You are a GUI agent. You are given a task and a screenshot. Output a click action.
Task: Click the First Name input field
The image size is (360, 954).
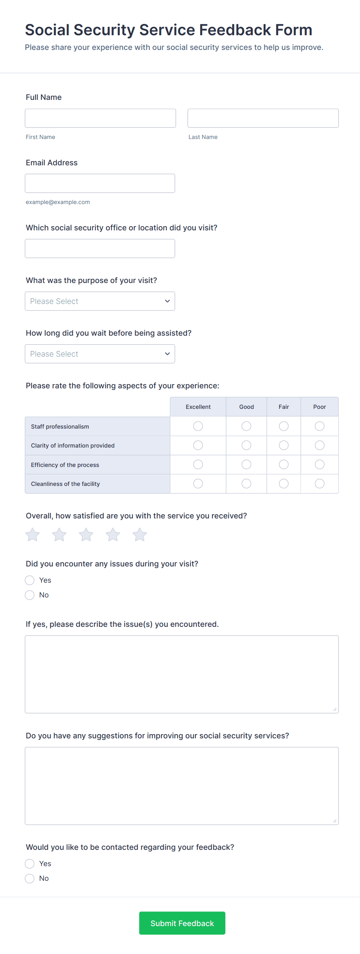[x=100, y=118]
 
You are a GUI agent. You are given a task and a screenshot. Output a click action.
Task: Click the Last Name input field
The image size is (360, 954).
[x=263, y=118]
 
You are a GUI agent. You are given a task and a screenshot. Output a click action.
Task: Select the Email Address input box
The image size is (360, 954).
[x=100, y=183]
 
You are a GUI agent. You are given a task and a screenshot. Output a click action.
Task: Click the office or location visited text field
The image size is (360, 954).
[x=100, y=248]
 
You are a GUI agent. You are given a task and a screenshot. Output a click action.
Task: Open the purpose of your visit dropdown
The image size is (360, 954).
[x=100, y=301]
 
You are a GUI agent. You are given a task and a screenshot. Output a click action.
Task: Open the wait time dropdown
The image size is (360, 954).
[x=100, y=354]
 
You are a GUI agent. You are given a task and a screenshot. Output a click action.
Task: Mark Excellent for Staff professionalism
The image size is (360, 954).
[x=198, y=426]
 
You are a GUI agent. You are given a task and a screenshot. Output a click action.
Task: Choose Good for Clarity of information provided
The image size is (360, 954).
[x=246, y=445]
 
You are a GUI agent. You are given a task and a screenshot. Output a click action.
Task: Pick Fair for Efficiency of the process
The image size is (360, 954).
[x=284, y=464]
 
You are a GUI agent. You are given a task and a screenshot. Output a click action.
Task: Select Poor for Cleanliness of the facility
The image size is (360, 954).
[x=320, y=484]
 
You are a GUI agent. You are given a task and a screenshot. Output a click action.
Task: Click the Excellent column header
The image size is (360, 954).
[x=198, y=407]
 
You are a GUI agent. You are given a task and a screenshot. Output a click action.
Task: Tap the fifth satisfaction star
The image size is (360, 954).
[x=140, y=535]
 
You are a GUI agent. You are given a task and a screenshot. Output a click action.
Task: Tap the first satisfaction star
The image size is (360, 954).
[x=33, y=535]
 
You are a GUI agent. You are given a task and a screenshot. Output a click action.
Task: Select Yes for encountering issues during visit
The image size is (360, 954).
[x=30, y=580]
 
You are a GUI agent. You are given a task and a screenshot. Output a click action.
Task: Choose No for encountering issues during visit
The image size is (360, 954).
[x=30, y=595]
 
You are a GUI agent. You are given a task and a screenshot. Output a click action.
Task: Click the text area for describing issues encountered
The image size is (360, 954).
[x=182, y=674]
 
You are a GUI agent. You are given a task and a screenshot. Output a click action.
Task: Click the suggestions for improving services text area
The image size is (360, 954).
[x=182, y=786]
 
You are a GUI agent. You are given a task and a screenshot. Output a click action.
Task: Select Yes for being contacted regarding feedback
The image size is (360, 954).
[x=30, y=864]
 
